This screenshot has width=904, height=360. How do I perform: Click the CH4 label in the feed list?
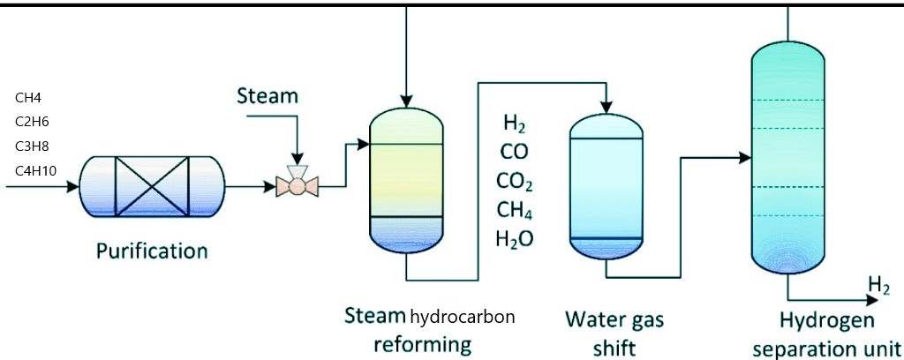tap(29, 98)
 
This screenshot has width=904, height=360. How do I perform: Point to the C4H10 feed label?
tap(36, 169)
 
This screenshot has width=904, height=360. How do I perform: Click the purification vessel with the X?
tap(147, 186)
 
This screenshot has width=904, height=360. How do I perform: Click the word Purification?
tap(152, 251)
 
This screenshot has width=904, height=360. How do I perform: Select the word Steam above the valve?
tap(267, 95)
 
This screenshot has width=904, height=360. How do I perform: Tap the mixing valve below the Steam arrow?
tap(298, 184)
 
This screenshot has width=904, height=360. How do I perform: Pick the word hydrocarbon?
tap(462, 316)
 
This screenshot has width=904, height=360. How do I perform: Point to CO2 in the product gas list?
tap(516, 183)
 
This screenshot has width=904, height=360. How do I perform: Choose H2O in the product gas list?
tap(516, 239)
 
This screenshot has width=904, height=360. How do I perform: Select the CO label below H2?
tap(514, 152)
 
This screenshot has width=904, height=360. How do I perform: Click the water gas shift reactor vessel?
tap(608, 185)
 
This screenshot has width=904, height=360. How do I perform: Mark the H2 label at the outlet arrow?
tap(878, 284)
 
